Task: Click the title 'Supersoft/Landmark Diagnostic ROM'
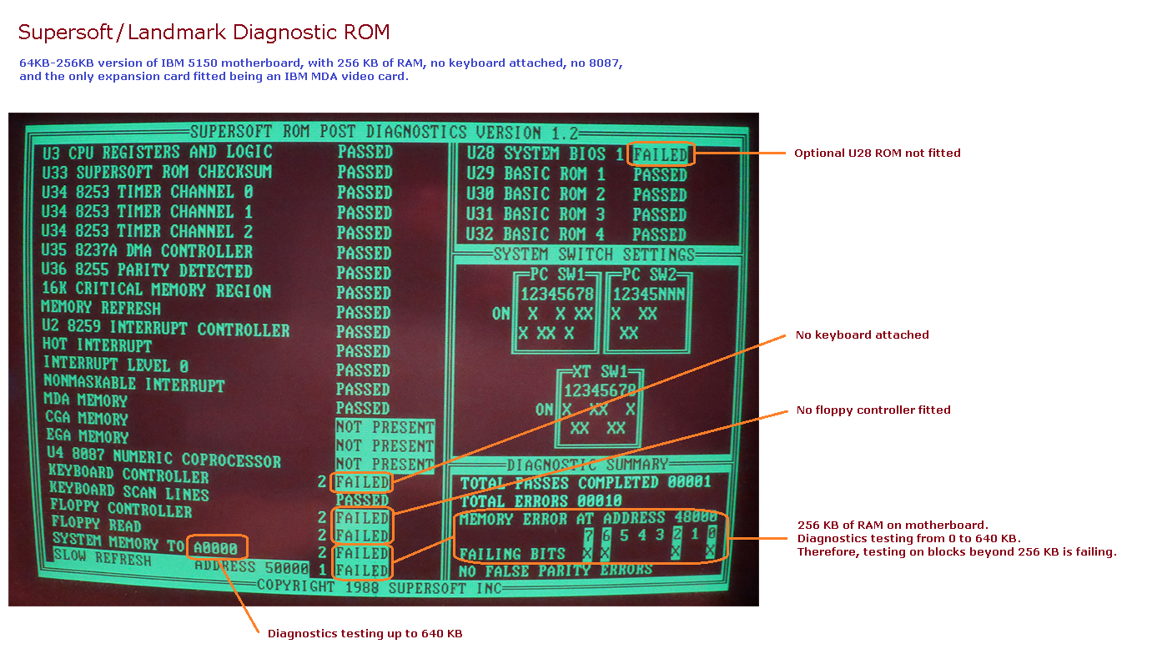point(204,33)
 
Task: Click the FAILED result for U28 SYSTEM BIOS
point(659,154)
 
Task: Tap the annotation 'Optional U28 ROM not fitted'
point(877,153)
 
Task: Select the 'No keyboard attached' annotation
point(862,335)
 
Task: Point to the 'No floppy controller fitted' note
point(873,410)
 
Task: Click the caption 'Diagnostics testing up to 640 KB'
point(365,634)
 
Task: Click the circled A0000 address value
point(217,547)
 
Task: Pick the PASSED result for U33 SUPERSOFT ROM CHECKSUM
point(365,173)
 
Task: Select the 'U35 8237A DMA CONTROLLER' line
point(147,251)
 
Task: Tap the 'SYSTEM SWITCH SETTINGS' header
point(593,254)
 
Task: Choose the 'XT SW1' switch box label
point(599,372)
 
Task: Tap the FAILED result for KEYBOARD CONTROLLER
point(362,482)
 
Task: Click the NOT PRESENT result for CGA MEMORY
point(385,445)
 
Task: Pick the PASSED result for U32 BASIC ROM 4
point(659,234)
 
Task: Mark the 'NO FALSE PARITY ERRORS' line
point(556,570)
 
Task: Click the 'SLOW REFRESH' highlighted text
point(103,556)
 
